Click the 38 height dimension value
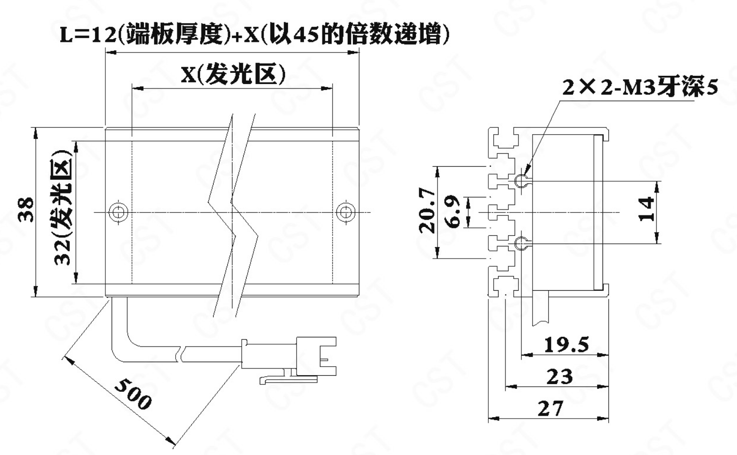pyautogui.click(x=26, y=210)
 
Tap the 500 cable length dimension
pyautogui.click(x=133, y=394)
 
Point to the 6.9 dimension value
pyautogui.click(x=454, y=212)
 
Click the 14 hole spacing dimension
pyautogui.click(x=647, y=209)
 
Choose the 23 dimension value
pyautogui.click(x=559, y=377)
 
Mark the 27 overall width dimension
pyautogui.click(x=551, y=408)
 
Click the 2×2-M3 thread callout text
pyautogui.click(x=640, y=87)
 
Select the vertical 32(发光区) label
pyautogui.click(x=63, y=208)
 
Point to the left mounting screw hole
pyautogui.click(x=118, y=212)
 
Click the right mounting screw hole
pyautogui.click(x=346, y=212)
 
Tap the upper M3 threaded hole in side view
pyautogui.click(x=521, y=180)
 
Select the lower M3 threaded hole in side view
pyautogui.click(x=521, y=244)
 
